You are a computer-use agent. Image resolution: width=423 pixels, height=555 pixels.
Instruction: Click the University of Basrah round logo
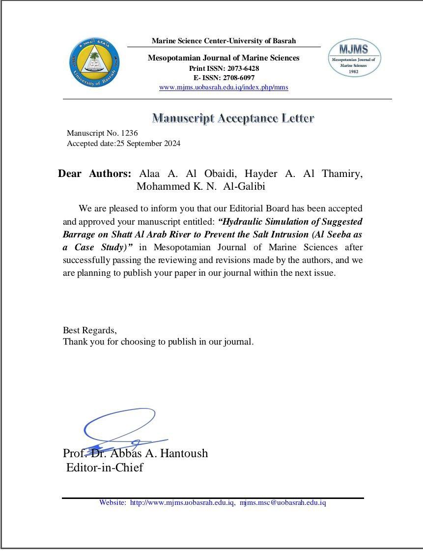[x=94, y=62]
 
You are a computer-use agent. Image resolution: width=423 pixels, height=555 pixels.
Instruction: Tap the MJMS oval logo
[x=354, y=58]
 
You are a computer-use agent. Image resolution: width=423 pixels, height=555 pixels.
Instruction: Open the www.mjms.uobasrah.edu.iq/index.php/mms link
[x=224, y=88]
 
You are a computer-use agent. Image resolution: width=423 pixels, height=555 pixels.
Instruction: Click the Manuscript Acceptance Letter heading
[x=233, y=118]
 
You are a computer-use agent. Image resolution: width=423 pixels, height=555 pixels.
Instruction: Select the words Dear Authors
[x=94, y=174]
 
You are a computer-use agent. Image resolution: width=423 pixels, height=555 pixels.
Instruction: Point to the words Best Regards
[x=89, y=330]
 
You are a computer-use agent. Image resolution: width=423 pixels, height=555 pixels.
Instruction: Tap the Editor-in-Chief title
[x=105, y=467]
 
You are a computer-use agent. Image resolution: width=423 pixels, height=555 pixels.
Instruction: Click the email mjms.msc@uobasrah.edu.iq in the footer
[x=282, y=502]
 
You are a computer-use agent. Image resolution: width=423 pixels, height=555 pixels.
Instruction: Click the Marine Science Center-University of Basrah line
[x=224, y=41]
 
